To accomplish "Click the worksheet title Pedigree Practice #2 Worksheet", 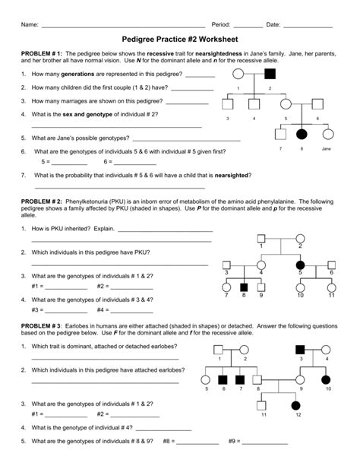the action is (180, 40).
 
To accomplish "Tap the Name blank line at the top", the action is (123, 27).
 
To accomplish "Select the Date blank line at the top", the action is (308, 27).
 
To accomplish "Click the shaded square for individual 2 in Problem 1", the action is (270, 74).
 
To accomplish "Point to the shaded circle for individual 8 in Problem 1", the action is (302, 135).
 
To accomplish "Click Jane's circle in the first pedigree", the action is (328, 135).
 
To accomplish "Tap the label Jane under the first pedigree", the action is (326, 148).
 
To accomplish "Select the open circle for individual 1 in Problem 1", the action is (238, 74).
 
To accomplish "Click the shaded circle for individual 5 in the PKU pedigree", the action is (300, 265).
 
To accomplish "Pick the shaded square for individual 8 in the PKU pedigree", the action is (244, 287).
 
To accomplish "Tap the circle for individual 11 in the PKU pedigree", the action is (331, 287).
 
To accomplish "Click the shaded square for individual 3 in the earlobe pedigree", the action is (300, 350).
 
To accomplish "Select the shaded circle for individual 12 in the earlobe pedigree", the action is (295, 405).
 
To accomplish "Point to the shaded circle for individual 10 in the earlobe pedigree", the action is (326, 379).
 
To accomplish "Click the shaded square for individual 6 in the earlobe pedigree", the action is (223, 379).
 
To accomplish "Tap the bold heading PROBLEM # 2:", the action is (41, 201).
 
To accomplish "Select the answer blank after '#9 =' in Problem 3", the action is (265, 444).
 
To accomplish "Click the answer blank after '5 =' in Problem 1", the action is (69, 165).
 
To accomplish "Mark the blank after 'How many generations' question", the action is (201, 77).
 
